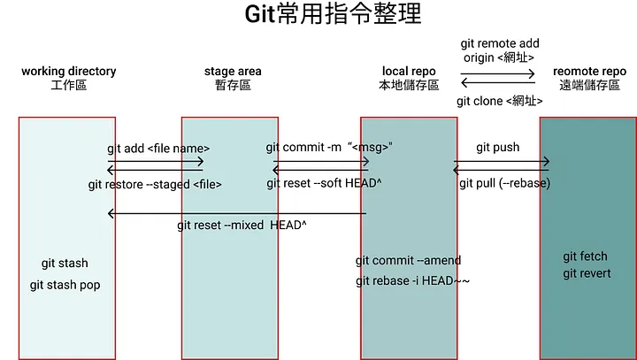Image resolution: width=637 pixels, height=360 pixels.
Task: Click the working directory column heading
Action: [68, 72]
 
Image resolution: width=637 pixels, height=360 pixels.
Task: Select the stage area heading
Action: [233, 72]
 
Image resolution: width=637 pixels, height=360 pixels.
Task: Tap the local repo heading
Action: [408, 71]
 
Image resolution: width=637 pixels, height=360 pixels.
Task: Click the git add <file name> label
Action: [158, 149]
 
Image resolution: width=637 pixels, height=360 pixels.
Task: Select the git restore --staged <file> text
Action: [155, 185]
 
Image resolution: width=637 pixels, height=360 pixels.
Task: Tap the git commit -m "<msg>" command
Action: [329, 147]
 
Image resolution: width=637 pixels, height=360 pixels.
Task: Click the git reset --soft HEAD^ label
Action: [326, 184]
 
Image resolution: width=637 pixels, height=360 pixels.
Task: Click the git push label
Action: [498, 147]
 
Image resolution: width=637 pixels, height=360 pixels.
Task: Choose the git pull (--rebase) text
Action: [504, 184]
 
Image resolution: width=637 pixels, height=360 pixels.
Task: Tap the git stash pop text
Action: [65, 285]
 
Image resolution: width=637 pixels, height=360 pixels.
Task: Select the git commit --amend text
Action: [408, 261]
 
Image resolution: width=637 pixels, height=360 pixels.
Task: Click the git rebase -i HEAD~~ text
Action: [412, 281]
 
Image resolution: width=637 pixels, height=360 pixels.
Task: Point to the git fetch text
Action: [586, 257]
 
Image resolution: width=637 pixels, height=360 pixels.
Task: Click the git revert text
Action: [587, 273]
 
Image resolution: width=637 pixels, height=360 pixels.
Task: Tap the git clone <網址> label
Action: [499, 101]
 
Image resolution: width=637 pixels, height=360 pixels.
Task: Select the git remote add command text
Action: [500, 43]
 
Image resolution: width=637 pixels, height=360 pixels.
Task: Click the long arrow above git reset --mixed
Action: [237, 213]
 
